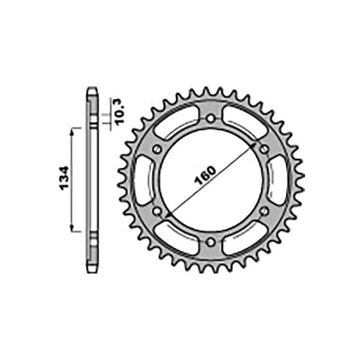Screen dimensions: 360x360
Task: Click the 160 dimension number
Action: click(x=205, y=175)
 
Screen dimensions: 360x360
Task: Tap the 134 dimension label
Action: click(x=64, y=178)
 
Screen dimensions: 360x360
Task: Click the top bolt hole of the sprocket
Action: click(x=210, y=118)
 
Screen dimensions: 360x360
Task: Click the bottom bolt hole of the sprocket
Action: click(x=210, y=242)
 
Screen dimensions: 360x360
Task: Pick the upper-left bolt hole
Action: click(x=157, y=149)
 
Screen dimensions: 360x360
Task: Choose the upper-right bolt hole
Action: click(x=264, y=149)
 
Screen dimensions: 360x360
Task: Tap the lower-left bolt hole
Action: click(x=157, y=211)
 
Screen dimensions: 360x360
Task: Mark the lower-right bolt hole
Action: click(x=264, y=211)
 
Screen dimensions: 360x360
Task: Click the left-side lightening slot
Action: click(x=144, y=180)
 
